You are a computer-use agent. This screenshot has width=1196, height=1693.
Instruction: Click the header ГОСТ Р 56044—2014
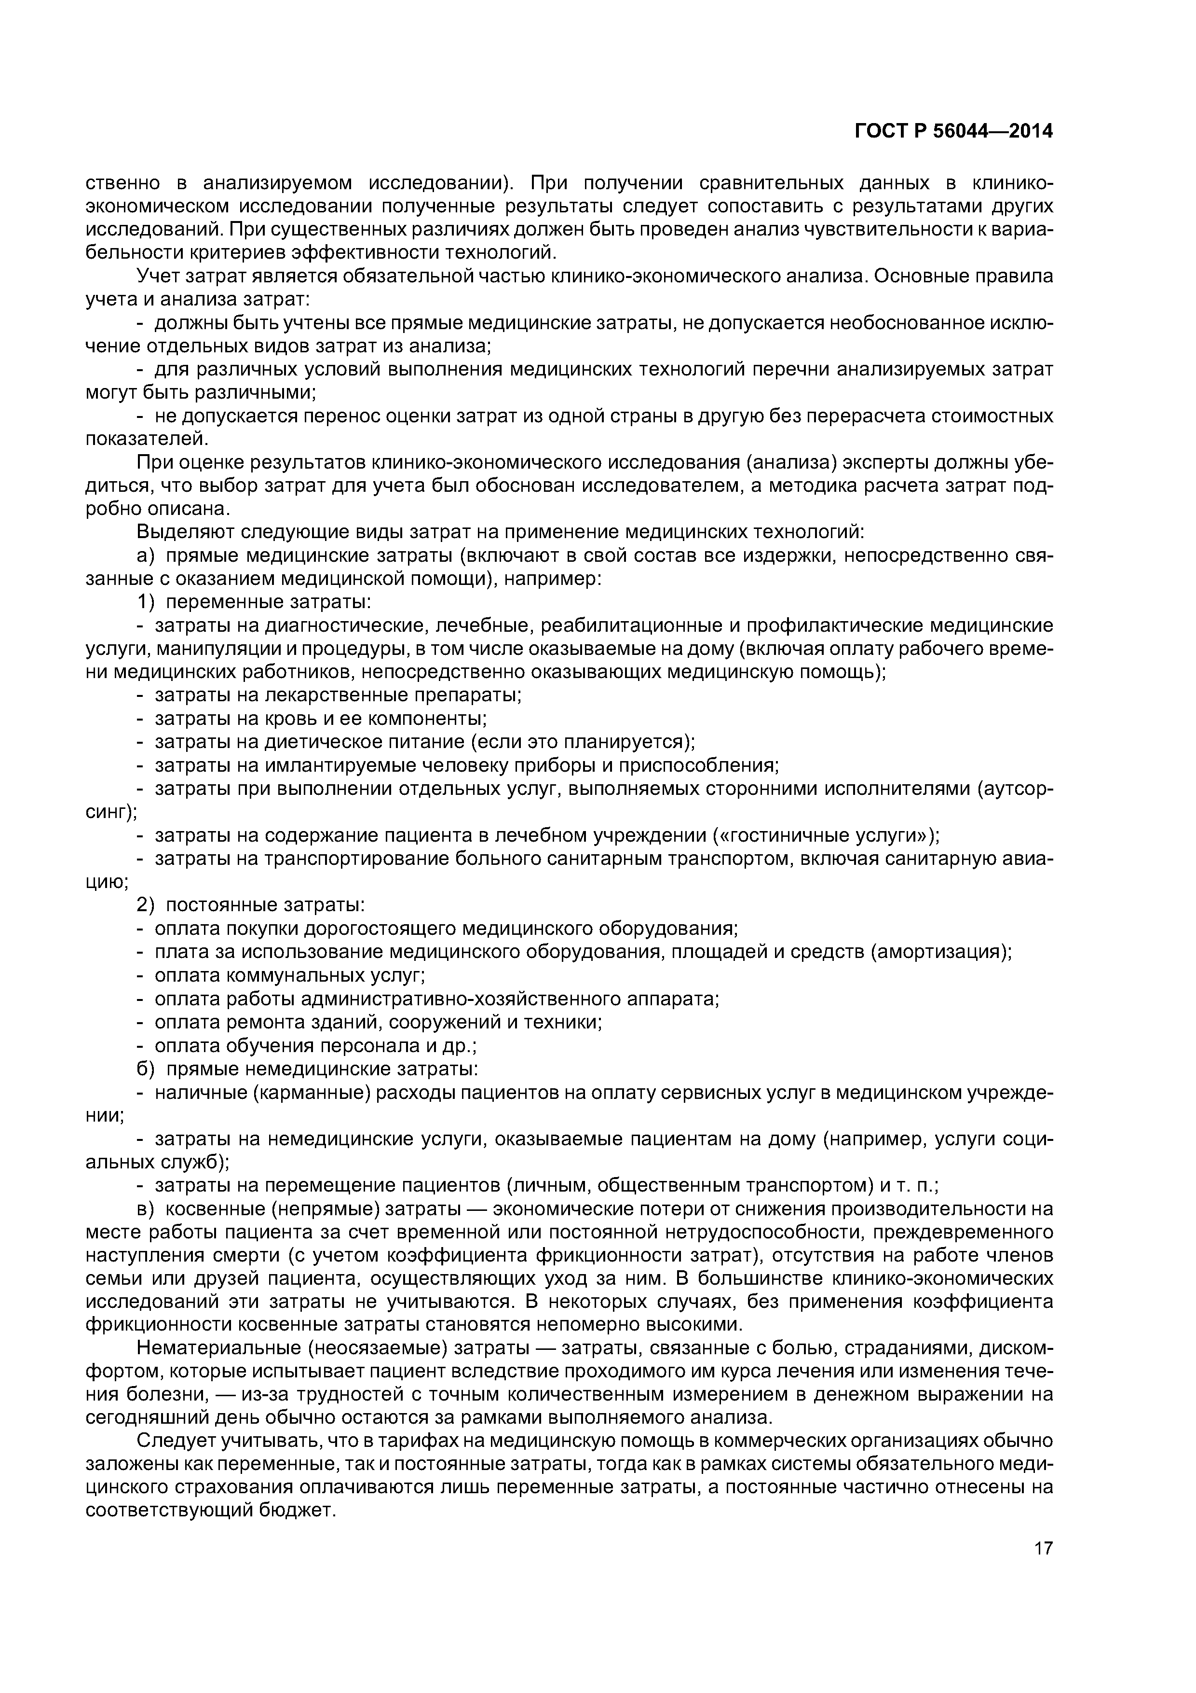pyautogui.click(x=953, y=131)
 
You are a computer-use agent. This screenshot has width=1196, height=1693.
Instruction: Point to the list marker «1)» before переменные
pyautogui.click(x=147, y=602)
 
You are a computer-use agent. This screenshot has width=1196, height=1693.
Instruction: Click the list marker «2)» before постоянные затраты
pyautogui.click(x=147, y=905)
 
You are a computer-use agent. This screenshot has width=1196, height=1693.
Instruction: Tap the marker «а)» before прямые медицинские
pyautogui.click(x=145, y=555)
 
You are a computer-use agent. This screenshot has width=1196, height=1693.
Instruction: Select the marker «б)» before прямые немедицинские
pyautogui.click(x=145, y=1069)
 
